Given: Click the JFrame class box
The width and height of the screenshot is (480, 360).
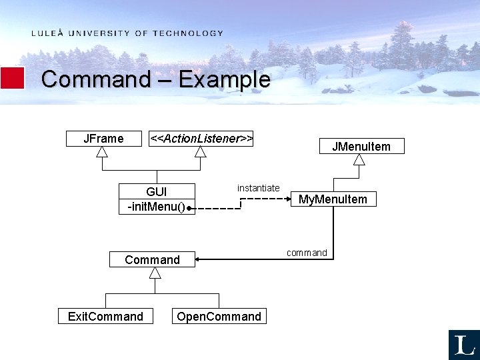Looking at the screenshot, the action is pyautogui.click(x=103, y=139).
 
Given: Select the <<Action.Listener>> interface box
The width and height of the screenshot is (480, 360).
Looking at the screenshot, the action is pyautogui.click(x=201, y=139).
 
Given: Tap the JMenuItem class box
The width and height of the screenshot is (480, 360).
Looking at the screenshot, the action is pyautogui.click(x=361, y=147).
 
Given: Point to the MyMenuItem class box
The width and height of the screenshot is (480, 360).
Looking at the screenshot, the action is pyautogui.click(x=333, y=199).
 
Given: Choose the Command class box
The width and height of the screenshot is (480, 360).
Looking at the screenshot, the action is pyautogui.click(x=153, y=259).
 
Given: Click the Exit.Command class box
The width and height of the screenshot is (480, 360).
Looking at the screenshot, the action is pyautogui.click(x=105, y=316).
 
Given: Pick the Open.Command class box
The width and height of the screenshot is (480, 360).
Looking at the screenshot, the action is pyautogui.click(x=219, y=316).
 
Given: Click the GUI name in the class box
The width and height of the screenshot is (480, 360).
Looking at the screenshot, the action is pyautogui.click(x=157, y=192).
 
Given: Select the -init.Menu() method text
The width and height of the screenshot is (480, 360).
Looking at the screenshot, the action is pyautogui.click(x=156, y=207).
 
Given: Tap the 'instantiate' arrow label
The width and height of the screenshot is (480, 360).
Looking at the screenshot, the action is pyautogui.click(x=258, y=188).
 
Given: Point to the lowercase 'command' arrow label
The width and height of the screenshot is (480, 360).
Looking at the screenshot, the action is pyautogui.click(x=307, y=253).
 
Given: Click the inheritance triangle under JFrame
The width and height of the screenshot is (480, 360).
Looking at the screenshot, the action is pyautogui.click(x=102, y=151).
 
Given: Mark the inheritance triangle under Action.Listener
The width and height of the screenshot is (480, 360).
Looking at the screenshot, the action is pyautogui.click(x=201, y=151).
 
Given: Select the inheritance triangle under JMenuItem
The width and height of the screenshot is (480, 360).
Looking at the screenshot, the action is pyautogui.click(x=359, y=159).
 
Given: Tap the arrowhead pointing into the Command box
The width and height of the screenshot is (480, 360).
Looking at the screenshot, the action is pyautogui.click(x=200, y=259).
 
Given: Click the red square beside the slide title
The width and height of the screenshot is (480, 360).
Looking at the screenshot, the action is pyautogui.click(x=13, y=78).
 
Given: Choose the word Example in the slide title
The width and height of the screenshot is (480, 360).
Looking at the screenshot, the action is pyautogui.click(x=224, y=79).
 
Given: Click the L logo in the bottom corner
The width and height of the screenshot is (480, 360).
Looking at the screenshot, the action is pyautogui.click(x=464, y=345).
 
